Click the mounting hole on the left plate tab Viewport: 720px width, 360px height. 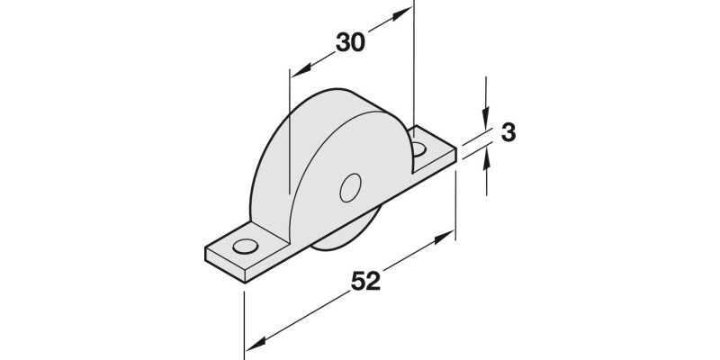click(x=243, y=246)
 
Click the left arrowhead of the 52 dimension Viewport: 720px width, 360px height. click(x=253, y=346)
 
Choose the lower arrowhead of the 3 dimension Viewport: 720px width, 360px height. click(x=486, y=158)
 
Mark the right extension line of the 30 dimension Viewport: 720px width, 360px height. click(x=414, y=72)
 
